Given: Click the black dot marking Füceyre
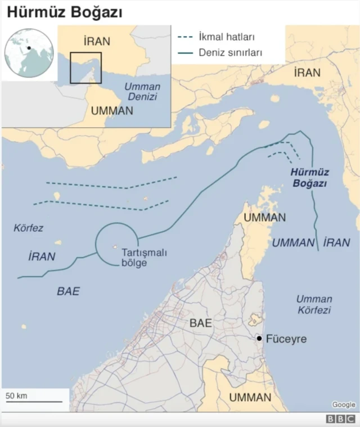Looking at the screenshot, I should point(259,338).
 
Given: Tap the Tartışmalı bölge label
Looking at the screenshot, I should point(144,258).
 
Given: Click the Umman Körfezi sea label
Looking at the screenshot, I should point(314,304).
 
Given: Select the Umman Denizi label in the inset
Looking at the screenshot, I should point(142,92).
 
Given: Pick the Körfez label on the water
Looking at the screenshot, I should point(28,228).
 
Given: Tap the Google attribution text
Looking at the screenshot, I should point(343,404).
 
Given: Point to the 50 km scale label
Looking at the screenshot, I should point(17,395).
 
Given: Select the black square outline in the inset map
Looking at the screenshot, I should point(85,68).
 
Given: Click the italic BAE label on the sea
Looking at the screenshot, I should point(68,291).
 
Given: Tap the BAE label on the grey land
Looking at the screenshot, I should point(201,323).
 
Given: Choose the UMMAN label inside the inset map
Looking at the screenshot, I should point(111,111).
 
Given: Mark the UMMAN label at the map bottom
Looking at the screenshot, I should point(250,398).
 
